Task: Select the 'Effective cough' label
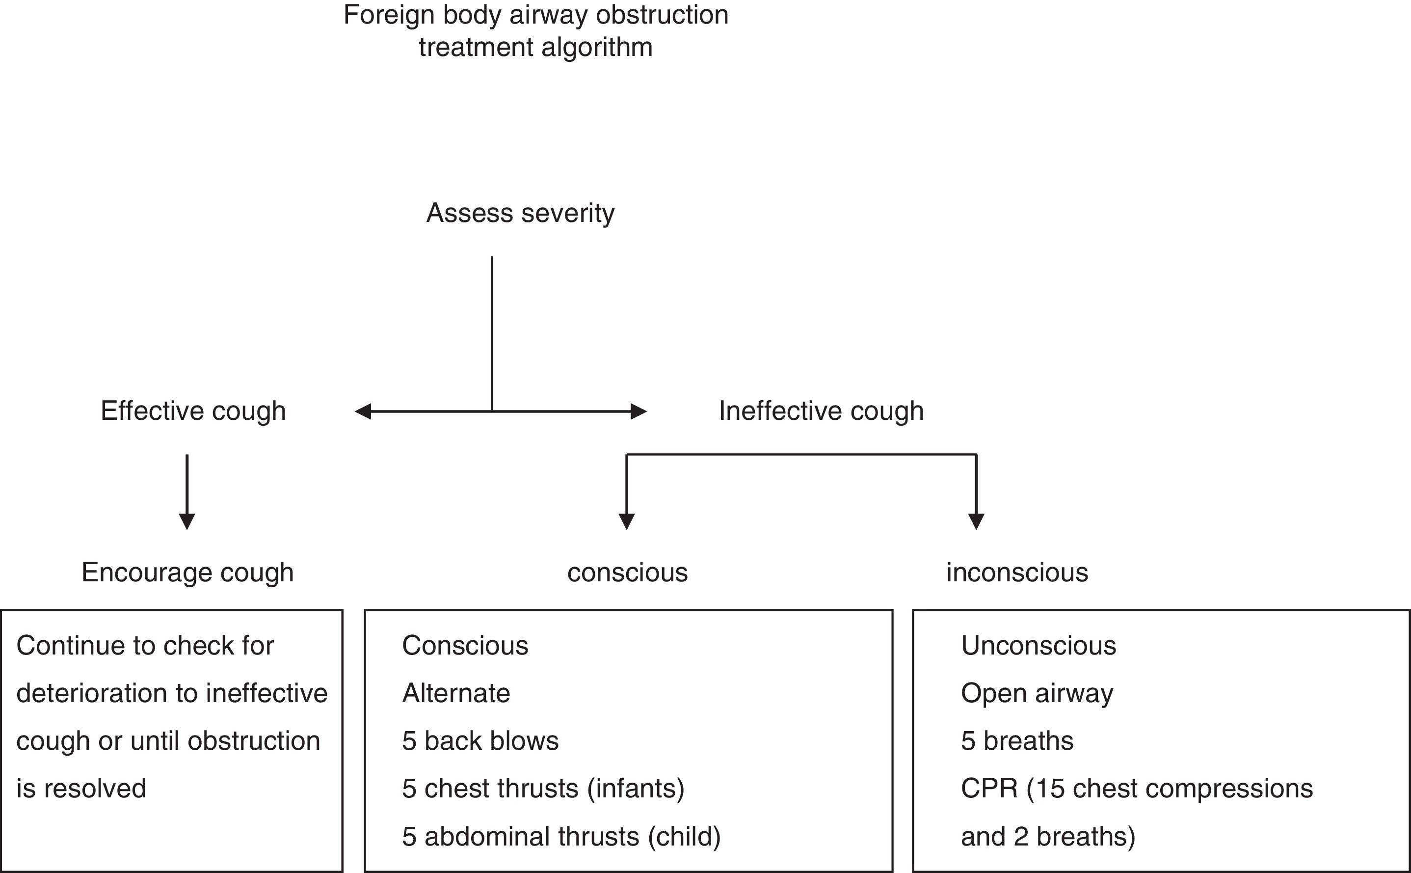click(x=193, y=411)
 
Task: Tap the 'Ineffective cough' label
click(x=821, y=411)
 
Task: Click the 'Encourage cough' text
click(x=187, y=572)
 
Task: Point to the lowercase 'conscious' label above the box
click(x=627, y=572)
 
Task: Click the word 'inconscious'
click(x=1017, y=572)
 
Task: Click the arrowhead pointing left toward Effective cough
click(x=362, y=411)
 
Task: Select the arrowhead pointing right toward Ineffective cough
click(x=639, y=411)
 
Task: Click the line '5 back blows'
click(x=480, y=741)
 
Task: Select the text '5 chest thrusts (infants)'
click(x=543, y=789)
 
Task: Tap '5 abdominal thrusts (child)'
click(x=561, y=837)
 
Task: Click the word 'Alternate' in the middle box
click(x=456, y=693)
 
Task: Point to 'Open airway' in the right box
click(x=1037, y=693)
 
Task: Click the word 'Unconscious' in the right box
click(x=1038, y=645)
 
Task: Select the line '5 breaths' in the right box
click(x=1017, y=741)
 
